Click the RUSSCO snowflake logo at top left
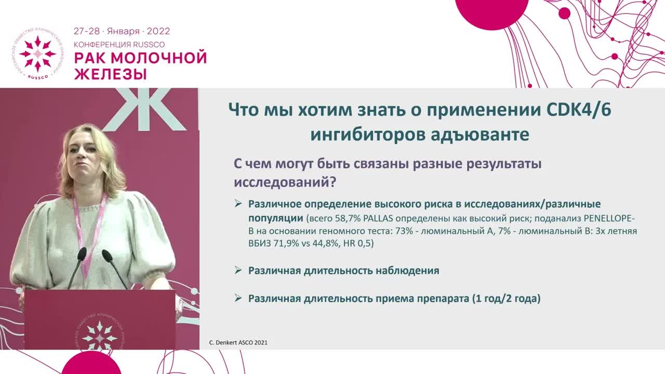coord(37,54)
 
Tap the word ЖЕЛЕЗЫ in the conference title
coord(110,74)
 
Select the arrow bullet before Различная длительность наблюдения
coord(238,270)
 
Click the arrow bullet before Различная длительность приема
coord(238,298)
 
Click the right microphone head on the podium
coord(107,255)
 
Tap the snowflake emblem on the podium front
coord(99,335)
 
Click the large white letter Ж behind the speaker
coord(144,109)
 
